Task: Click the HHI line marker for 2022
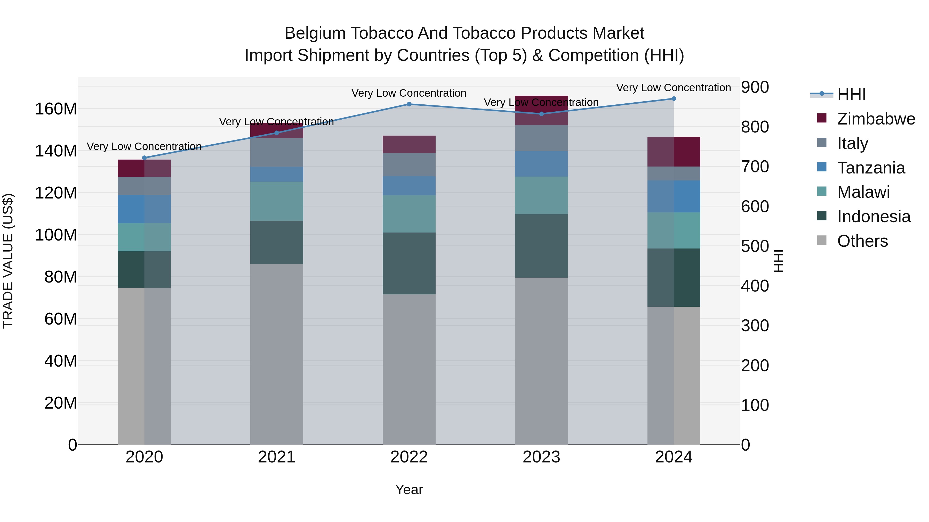409,104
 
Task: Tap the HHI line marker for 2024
674,99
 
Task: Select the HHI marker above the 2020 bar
144,158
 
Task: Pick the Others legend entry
862,241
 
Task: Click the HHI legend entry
851,94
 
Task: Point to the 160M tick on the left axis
56,109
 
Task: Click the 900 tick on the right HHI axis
755,87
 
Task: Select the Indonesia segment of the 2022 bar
409,263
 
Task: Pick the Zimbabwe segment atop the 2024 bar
674,152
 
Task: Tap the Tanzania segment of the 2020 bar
144,209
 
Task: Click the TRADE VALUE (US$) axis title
8,261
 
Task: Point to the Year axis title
409,490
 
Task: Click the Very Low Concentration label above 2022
409,93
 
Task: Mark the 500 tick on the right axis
755,246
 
